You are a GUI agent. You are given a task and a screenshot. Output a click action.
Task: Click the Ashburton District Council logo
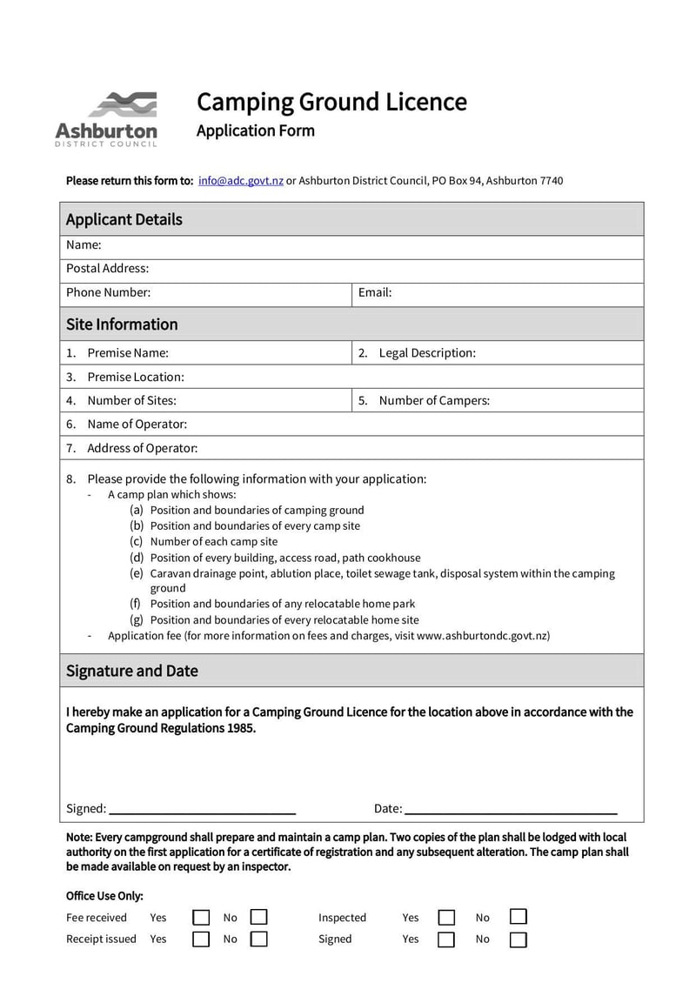click(x=106, y=119)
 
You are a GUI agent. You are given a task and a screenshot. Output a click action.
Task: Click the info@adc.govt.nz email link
click(x=241, y=181)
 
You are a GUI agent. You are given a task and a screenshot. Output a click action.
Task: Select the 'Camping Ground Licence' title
click(x=331, y=102)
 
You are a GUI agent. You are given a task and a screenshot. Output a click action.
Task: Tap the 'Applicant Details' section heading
click(x=124, y=219)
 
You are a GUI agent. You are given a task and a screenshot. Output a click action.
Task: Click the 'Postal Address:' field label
click(x=108, y=268)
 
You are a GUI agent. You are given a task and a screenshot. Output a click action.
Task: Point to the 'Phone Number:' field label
click(x=109, y=292)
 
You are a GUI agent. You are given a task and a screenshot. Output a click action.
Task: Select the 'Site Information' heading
click(x=122, y=324)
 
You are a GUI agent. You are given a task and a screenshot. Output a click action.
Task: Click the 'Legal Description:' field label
click(x=426, y=353)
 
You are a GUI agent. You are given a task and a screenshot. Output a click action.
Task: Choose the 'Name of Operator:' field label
click(x=137, y=425)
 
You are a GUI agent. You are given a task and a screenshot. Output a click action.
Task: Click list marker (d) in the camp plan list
click(x=137, y=558)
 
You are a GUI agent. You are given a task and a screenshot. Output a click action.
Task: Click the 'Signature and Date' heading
click(x=132, y=671)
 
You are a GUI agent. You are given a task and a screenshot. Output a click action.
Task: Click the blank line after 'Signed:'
click(x=202, y=809)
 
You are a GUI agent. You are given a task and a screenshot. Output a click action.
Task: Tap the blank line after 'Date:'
click(x=511, y=809)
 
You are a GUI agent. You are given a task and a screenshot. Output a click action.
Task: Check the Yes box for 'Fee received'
click(x=201, y=917)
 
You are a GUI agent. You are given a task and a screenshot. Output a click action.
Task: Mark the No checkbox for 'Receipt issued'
click(x=258, y=939)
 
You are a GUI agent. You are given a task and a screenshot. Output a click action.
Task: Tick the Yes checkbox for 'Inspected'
click(x=446, y=917)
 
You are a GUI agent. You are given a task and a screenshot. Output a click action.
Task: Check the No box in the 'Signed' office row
click(x=519, y=939)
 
